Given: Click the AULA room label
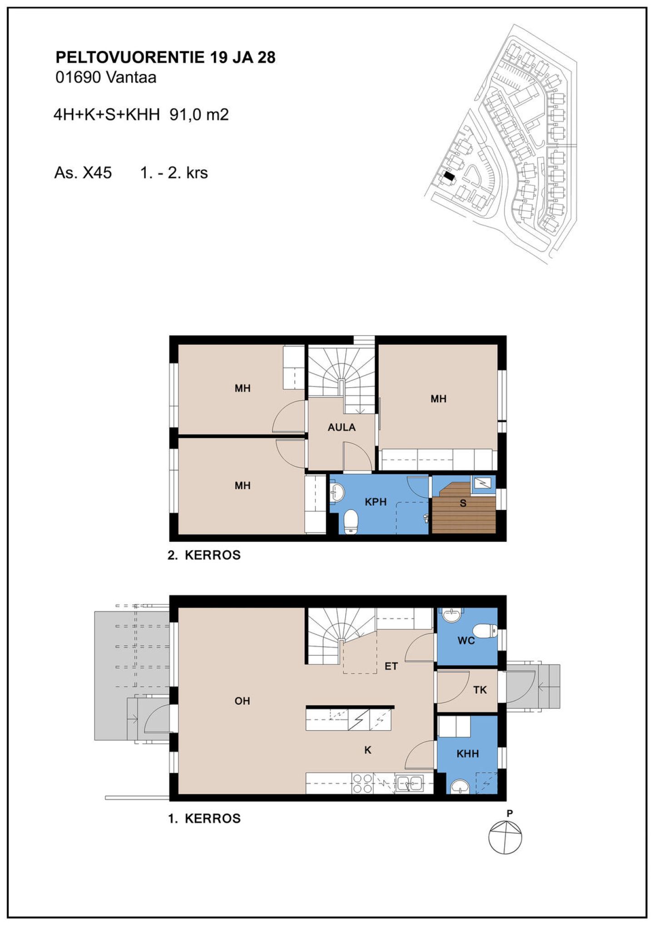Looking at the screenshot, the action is coord(342,427).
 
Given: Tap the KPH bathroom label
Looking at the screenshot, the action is coord(376,502).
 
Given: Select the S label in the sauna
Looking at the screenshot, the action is coord(463,503).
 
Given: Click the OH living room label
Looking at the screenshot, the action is coord(242,701).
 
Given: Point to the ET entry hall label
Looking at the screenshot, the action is coord(391,666).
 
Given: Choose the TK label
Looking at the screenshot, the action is coord(480,690).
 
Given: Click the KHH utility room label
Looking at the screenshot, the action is coord(468,753).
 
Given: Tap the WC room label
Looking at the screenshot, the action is coord(466,641).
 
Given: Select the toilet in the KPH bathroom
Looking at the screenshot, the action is coord(351,522).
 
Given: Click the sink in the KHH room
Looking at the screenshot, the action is coord(460,786).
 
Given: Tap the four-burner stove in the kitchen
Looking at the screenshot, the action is coord(362,783).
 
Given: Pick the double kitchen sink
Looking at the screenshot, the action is coord(409,783).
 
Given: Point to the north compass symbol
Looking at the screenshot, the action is coord(505,837).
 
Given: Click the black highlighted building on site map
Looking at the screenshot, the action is coord(449,176).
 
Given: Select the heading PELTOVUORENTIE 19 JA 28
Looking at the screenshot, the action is coord(165,58).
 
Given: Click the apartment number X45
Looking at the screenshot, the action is coord(97,173).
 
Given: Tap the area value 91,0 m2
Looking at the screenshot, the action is coord(199,114).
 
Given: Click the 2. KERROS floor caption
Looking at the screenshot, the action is coord(204,555).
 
